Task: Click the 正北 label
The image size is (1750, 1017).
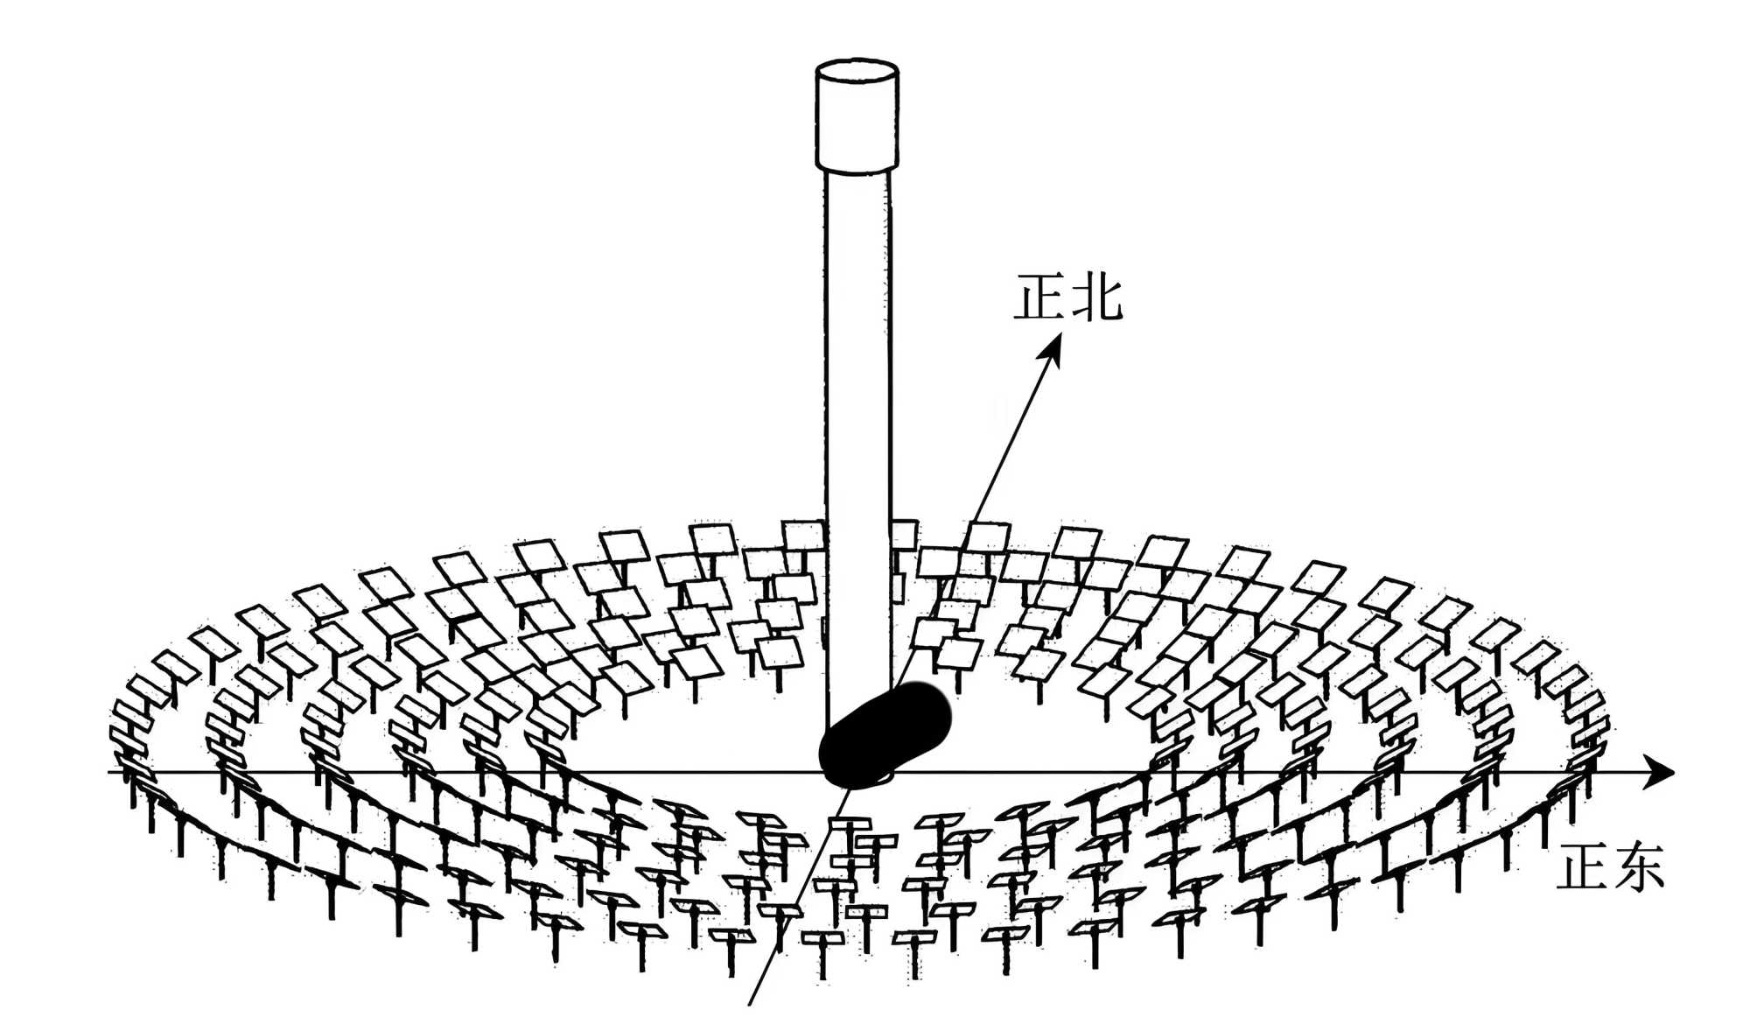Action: [1067, 298]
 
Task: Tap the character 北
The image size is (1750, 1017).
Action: [1096, 298]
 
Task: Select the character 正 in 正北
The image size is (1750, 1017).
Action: [1039, 298]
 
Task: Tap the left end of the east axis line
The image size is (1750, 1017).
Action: [112, 772]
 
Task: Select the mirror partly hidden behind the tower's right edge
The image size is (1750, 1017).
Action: [903, 534]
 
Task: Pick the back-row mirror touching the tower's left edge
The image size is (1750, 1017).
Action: [803, 535]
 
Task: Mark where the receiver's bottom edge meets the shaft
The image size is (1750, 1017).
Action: [857, 169]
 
